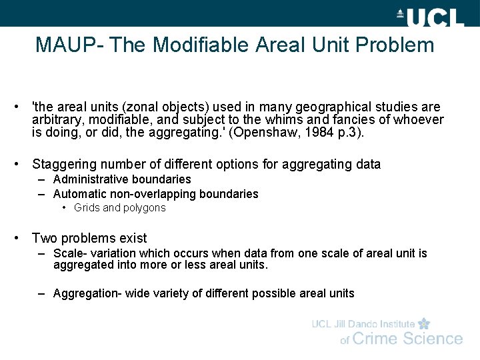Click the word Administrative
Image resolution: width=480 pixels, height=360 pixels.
(x=91, y=179)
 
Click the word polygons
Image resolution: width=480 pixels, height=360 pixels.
(x=145, y=208)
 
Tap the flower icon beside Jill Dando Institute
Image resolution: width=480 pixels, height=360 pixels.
(x=424, y=324)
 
